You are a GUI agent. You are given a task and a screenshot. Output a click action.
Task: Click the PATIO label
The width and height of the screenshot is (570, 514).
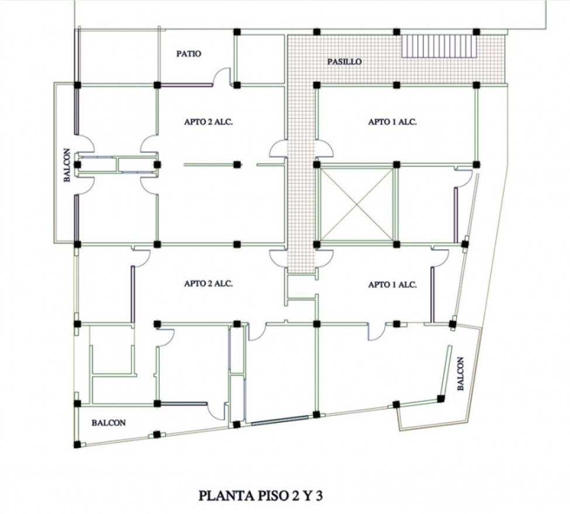click(x=189, y=54)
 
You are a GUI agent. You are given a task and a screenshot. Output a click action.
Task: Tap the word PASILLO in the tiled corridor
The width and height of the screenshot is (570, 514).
click(x=344, y=62)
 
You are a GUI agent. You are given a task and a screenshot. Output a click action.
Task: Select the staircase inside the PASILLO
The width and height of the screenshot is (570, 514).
click(x=439, y=46)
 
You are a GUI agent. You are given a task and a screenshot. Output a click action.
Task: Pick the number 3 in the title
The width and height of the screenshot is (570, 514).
click(x=319, y=496)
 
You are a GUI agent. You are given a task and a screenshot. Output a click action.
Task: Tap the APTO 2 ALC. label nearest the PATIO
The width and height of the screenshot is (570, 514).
click(x=208, y=122)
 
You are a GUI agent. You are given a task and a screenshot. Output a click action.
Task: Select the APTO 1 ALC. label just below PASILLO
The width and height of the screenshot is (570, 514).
click(x=392, y=122)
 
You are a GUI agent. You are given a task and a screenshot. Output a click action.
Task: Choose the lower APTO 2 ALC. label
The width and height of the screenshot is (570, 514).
click(x=208, y=284)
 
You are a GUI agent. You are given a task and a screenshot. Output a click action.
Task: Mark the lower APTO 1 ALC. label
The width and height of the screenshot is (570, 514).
click(x=392, y=285)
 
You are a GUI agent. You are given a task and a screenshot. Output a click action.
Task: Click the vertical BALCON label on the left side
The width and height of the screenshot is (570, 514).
click(x=67, y=165)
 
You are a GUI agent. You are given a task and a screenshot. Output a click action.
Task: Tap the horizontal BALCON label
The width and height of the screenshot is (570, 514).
click(x=109, y=423)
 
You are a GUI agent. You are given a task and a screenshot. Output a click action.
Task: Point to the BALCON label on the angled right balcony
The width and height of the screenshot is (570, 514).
click(x=461, y=374)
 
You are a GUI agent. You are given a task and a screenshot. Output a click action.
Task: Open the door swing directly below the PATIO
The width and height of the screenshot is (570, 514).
click(x=222, y=77)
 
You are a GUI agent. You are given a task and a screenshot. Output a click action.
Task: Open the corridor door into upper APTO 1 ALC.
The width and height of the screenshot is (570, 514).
click(x=323, y=149)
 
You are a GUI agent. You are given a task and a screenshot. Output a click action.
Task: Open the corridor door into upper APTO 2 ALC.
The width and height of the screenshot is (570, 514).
click(x=278, y=149)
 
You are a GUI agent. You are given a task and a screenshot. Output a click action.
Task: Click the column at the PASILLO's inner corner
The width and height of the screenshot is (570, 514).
click(x=317, y=85)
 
